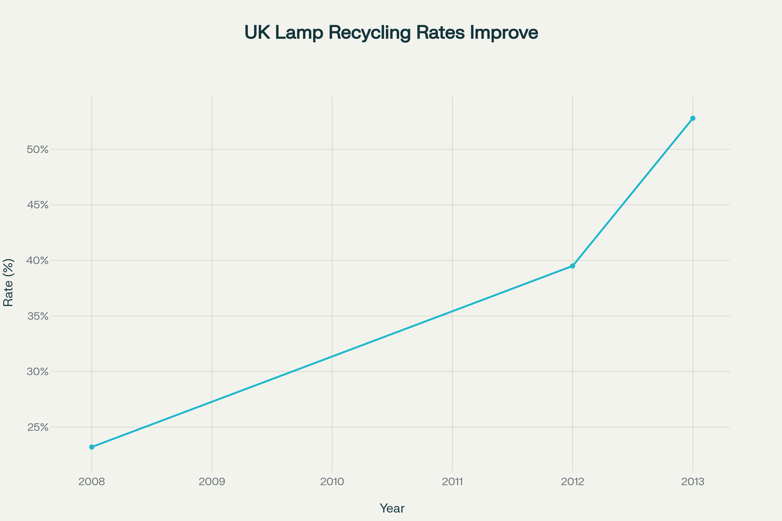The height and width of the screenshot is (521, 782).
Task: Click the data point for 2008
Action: click(x=92, y=447)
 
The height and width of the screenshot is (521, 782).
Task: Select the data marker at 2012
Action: click(x=572, y=266)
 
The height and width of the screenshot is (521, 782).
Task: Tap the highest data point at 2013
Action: click(x=693, y=118)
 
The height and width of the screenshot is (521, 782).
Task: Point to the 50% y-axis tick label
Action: click(x=37, y=149)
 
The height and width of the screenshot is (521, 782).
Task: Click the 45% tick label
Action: click(x=37, y=205)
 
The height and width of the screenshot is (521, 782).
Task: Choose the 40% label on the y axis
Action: click(x=37, y=260)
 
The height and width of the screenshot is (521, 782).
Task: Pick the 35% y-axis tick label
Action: click(x=37, y=316)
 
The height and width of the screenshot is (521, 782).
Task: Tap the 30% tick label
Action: click(x=37, y=372)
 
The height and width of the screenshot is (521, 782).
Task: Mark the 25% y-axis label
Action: click(x=37, y=427)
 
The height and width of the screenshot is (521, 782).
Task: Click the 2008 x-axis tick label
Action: click(x=92, y=482)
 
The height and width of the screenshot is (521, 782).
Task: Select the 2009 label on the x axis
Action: click(x=212, y=482)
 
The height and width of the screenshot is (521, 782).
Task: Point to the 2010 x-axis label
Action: click(x=332, y=482)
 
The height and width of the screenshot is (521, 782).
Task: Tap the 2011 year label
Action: click(x=452, y=482)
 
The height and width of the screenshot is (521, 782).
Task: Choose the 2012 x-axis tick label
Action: click(x=572, y=482)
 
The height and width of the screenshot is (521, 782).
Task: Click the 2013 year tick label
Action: click(x=693, y=482)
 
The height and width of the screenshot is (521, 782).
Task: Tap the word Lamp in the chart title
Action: click(x=299, y=33)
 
